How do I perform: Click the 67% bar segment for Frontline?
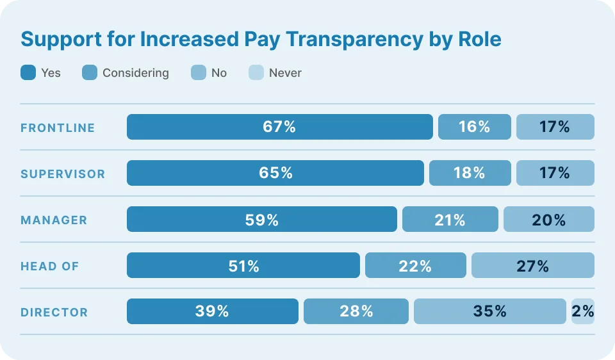279,127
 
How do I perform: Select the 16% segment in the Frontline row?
474,127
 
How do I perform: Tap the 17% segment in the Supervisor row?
555,173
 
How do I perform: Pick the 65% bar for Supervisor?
275,173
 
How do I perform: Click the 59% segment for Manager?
261,219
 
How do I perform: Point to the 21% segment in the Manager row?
450,219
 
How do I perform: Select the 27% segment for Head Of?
533,265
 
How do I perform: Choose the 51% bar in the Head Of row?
243,265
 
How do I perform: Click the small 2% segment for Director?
583,311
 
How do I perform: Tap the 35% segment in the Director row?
490,311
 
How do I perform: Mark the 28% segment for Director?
356,311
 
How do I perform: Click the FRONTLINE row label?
58,127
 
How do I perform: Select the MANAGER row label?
54,220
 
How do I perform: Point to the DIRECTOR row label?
54,312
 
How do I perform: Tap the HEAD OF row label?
50,266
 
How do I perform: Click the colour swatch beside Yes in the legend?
28,73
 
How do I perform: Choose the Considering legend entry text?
135,73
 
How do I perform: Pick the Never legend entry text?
285,73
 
